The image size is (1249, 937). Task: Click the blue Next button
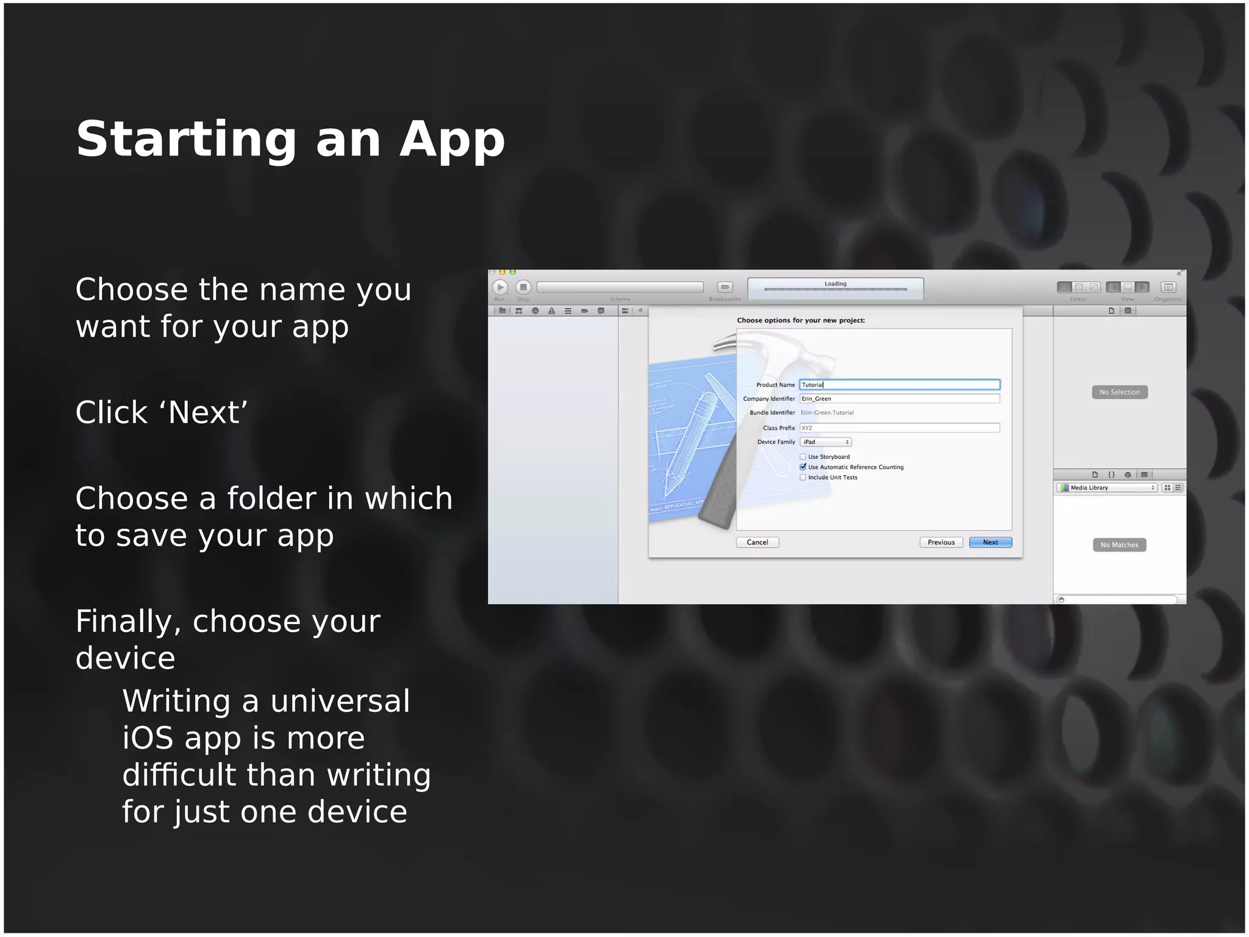990,542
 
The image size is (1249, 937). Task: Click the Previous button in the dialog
941,542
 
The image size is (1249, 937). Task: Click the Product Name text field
900,385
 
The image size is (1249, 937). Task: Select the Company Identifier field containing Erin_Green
900,399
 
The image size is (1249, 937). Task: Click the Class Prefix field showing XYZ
900,428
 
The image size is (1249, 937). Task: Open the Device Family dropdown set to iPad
826,442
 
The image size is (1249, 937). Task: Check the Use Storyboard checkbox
803,457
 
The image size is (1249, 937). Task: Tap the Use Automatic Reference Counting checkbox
803,467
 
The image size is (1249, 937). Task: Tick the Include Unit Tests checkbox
803,478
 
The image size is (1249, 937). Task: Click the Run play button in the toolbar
500,287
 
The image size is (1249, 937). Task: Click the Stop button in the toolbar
523,287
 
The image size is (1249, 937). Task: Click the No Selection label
1120,392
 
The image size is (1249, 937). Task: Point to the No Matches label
1119,545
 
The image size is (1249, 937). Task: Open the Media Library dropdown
1107,488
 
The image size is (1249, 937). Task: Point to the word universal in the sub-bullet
340,702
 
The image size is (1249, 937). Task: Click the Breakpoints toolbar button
725,287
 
